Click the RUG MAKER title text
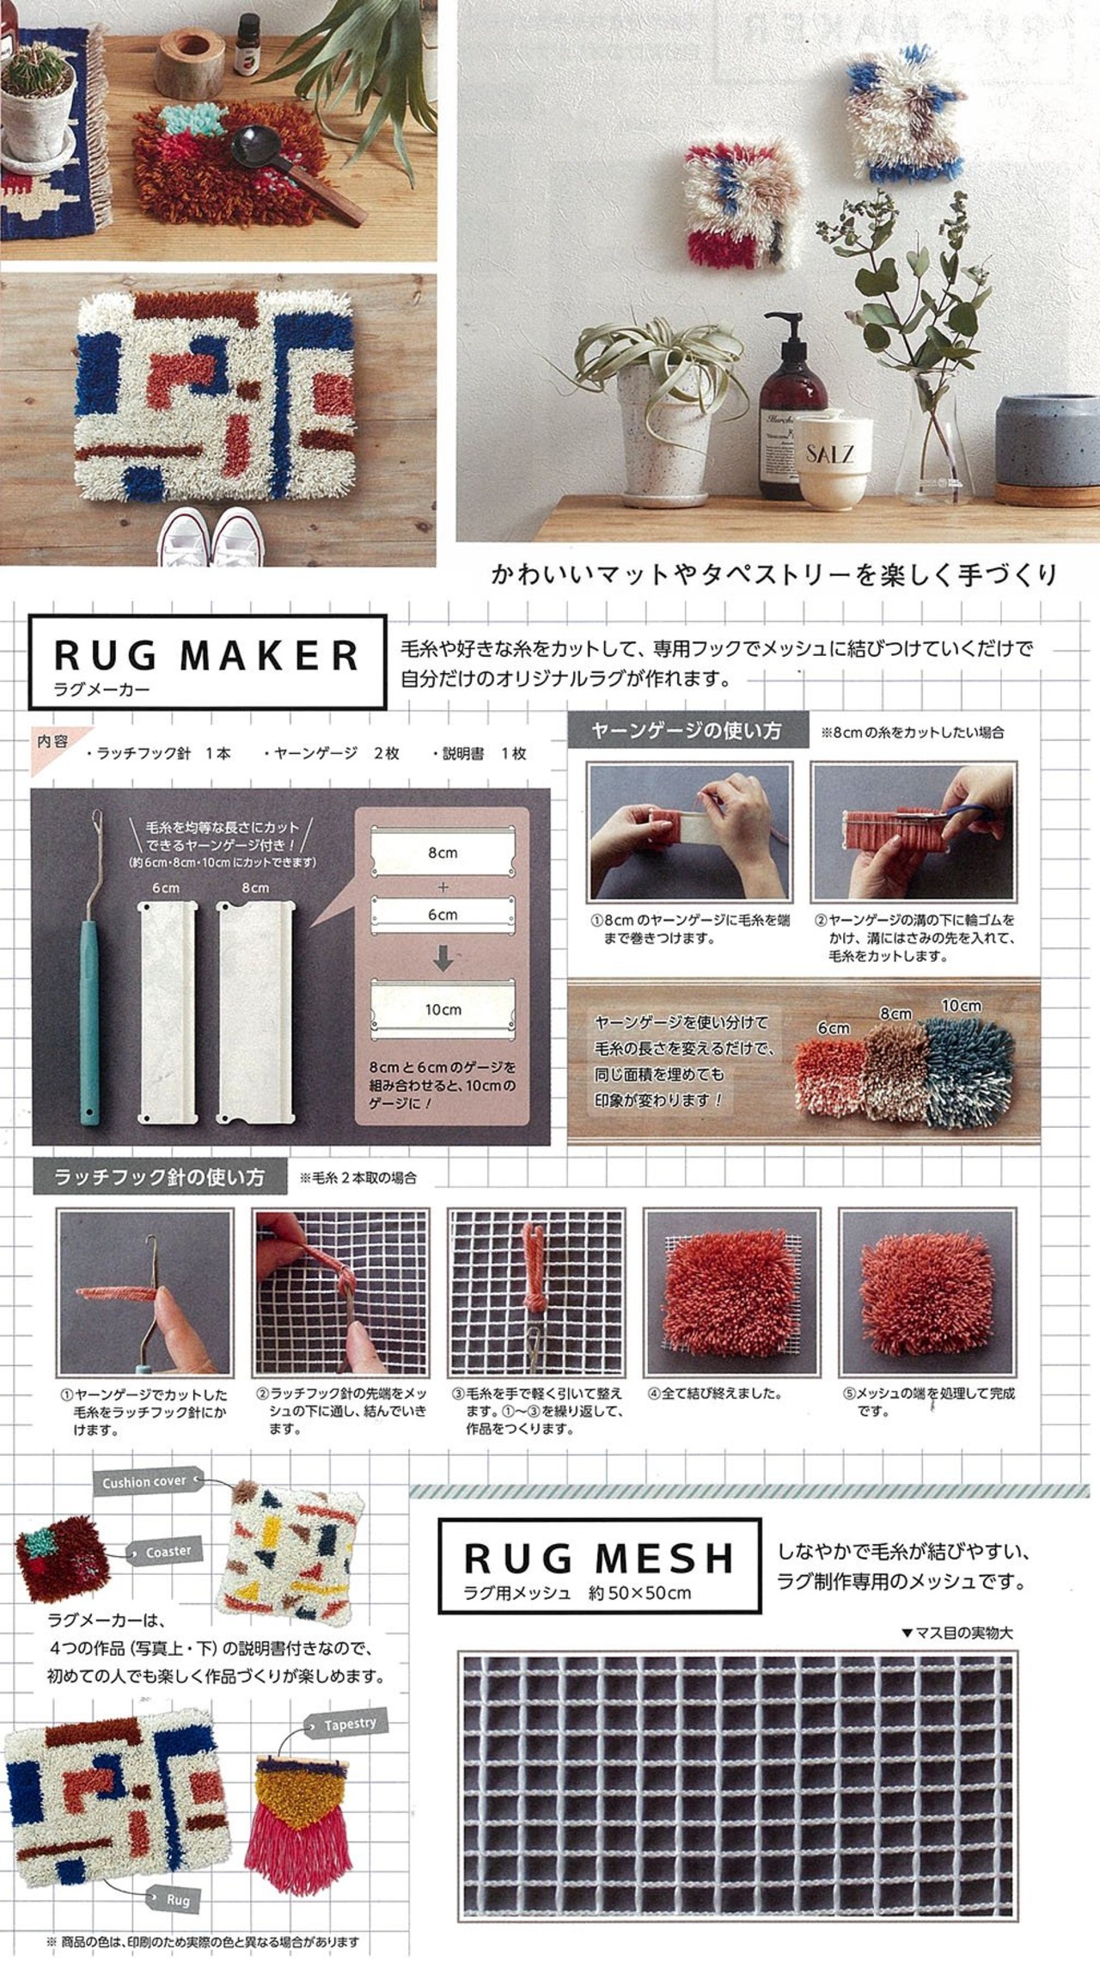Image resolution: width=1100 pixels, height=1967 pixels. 206,655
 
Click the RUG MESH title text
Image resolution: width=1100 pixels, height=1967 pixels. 599,1557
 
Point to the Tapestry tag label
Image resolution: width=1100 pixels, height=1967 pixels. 347,1725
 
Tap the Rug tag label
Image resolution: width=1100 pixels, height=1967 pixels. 174,1875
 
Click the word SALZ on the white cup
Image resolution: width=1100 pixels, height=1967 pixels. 828,453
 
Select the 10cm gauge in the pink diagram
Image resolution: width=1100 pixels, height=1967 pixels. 443,1009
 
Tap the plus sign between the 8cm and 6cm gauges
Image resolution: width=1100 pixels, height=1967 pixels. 443,886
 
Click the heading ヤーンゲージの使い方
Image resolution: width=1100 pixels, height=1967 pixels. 686,731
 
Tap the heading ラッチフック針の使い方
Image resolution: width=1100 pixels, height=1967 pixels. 159,1177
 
